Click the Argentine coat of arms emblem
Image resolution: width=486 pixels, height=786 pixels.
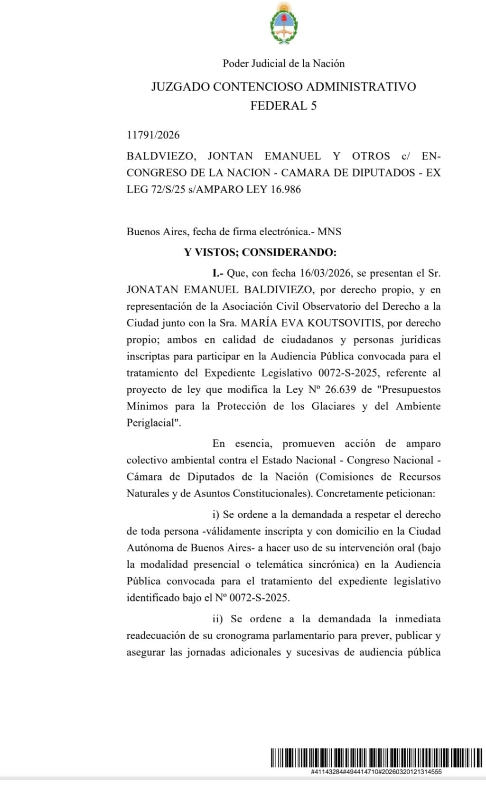pyautogui.click(x=283, y=24)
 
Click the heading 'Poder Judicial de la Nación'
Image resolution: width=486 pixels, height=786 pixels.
pyautogui.click(x=283, y=64)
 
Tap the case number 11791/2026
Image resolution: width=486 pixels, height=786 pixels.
pyautogui.click(x=153, y=135)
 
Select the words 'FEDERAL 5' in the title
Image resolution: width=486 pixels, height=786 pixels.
pyautogui.click(x=283, y=105)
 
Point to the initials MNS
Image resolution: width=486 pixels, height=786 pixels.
pyautogui.click(x=329, y=232)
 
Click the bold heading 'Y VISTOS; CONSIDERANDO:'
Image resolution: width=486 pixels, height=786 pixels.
pyautogui.click(x=260, y=252)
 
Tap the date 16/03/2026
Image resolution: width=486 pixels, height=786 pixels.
pyautogui.click(x=325, y=273)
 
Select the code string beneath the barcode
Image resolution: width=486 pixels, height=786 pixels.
pyautogui.click(x=376, y=772)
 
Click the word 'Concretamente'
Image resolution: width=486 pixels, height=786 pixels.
pyautogui.click(x=348, y=493)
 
